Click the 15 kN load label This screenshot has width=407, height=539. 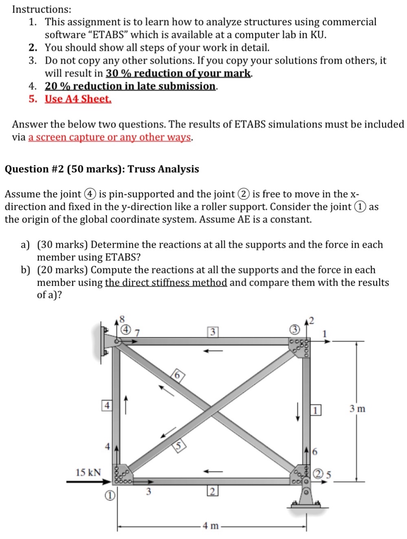88,472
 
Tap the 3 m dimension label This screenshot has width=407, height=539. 357,409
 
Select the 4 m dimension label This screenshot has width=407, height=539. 211,526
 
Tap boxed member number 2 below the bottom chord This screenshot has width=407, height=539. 212,491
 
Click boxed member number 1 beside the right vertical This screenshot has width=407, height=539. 316,409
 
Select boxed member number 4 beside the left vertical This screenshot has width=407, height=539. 106,406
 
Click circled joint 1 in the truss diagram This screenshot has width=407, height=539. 109,495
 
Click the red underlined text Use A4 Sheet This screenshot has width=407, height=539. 78,99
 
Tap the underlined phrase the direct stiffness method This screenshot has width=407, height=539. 166,283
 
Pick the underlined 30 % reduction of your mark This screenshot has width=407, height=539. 178,73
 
